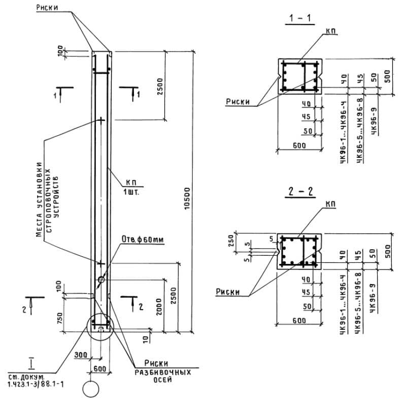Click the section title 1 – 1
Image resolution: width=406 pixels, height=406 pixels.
[x=299, y=19]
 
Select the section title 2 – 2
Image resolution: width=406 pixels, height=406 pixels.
[x=299, y=192]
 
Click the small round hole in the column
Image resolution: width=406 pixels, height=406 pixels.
[x=101, y=280]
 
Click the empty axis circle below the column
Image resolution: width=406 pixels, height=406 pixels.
[x=91, y=390]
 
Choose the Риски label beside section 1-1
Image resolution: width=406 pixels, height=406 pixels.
[x=238, y=101]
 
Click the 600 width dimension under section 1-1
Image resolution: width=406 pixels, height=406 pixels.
[x=299, y=146]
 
